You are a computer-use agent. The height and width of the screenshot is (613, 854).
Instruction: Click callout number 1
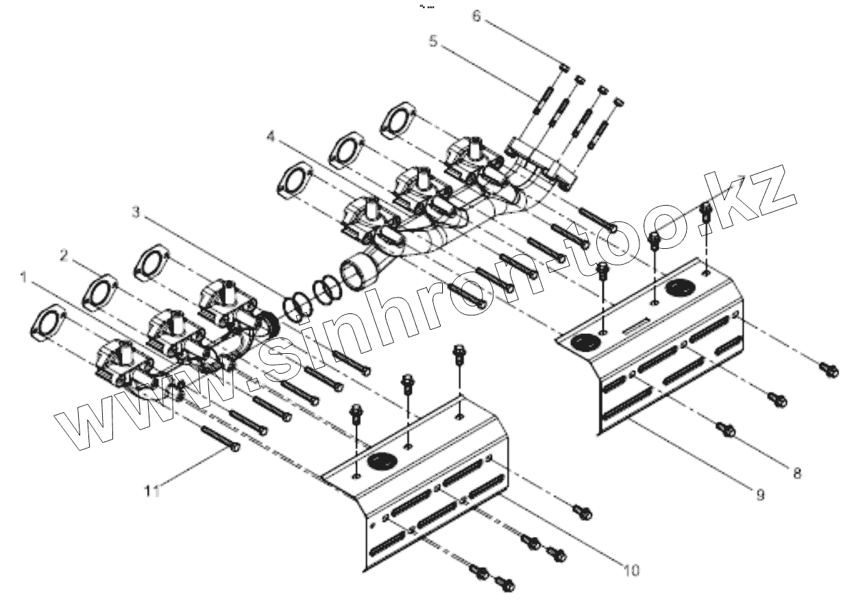[x=24, y=277]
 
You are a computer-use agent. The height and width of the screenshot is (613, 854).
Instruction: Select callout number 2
[x=63, y=256]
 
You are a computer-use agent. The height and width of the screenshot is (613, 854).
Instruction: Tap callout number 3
[x=136, y=213]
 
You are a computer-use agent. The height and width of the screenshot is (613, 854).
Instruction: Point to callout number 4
[x=271, y=138]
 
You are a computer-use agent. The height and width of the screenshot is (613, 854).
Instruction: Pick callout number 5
[x=432, y=40]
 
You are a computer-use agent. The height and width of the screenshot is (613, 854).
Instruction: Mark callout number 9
[x=759, y=494]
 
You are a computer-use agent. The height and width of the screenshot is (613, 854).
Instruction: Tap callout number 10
[x=631, y=569]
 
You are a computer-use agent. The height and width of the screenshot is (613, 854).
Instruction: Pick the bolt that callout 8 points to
[x=727, y=430]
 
